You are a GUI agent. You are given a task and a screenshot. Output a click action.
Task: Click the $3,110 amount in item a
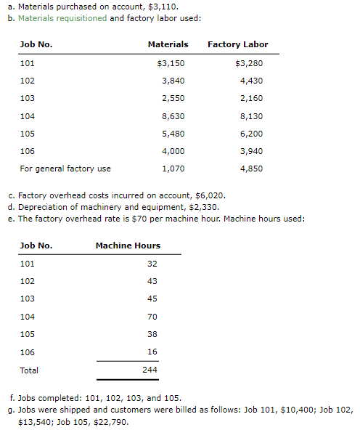coord(164,8)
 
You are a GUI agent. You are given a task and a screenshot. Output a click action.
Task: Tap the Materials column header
coord(168,44)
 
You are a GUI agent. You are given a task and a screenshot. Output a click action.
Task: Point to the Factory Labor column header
coord(237,44)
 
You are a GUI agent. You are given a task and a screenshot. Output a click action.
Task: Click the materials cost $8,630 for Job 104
coord(172,115)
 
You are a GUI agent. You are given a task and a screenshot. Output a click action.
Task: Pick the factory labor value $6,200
coord(250,134)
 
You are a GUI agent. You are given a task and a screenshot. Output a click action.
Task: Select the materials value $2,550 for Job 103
coord(172,98)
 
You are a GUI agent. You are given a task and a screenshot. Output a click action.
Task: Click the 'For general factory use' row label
coord(65,169)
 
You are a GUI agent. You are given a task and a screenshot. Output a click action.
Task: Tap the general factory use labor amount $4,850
coord(250,169)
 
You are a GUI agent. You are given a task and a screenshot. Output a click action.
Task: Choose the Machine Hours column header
coord(128,246)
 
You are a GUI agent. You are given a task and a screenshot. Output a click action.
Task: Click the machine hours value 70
coord(152,317)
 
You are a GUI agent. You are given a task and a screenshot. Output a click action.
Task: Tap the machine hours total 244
coord(150,370)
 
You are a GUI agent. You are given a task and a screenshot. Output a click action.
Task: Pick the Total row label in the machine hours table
coord(29,370)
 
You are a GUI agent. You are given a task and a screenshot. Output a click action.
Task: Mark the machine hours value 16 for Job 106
coord(152,352)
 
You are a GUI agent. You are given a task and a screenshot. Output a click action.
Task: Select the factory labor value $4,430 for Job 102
coord(250,80)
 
